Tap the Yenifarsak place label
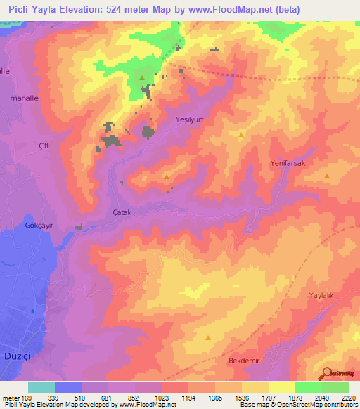[x=286, y=163]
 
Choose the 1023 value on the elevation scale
[x=162, y=397]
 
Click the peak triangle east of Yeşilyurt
[x=241, y=134]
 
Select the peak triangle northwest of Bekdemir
[x=208, y=338]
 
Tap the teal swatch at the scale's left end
[x=41, y=387]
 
